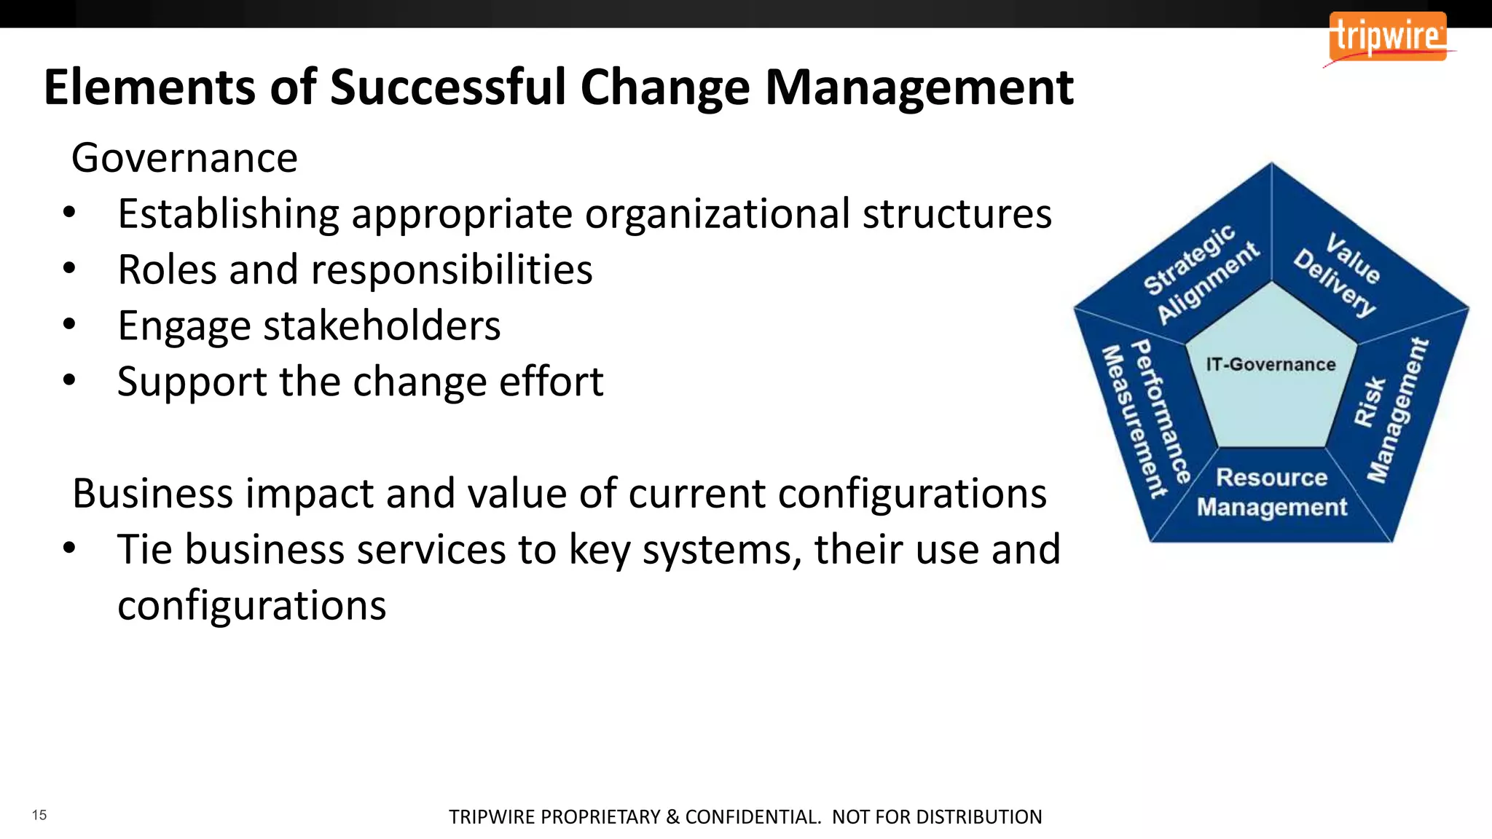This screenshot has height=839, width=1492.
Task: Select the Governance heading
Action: coord(184,158)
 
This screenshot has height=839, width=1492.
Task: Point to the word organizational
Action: coord(718,214)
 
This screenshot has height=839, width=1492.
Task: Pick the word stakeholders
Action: coord(382,326)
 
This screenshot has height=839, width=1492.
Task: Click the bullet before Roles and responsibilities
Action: coord(69,269)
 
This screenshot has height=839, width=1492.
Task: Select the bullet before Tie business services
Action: coord(69,548)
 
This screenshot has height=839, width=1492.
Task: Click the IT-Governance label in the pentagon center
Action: coord(1271,364)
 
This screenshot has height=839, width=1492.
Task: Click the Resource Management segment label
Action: coord(1272,492)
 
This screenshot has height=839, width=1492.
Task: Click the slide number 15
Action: coord(39,815)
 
